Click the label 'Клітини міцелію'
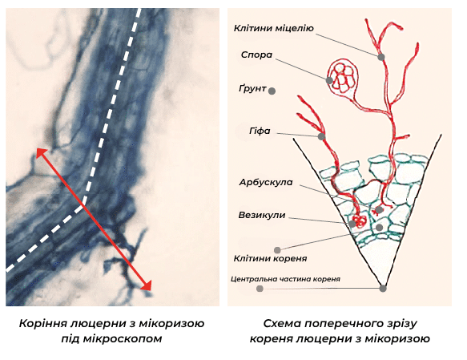click(274, 28)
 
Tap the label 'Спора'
click(257, 55)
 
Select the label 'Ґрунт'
click(252, 88)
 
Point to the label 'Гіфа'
click(260, 131)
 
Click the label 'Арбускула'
click(266, 182)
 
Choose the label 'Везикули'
click(262, 215)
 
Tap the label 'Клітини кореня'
click(270, 258)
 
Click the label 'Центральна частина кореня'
click(285, 279)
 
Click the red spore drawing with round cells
click(343, 77)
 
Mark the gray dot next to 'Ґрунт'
click(272, 91)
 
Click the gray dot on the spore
click(329, 80)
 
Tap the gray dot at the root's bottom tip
click(383, 289)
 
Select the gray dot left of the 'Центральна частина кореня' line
click(260, 289)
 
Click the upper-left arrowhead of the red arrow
click(41, 153)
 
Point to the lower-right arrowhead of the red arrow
click(147, 285)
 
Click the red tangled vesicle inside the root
click(360, 221)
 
